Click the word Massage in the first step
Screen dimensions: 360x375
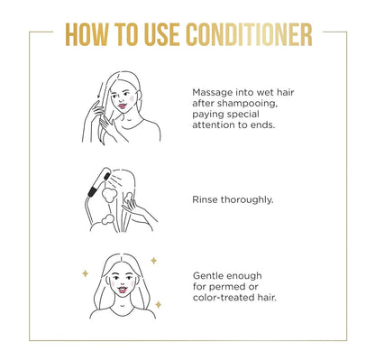click(213, 92)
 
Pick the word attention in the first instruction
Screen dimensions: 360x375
click(218, 127)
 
